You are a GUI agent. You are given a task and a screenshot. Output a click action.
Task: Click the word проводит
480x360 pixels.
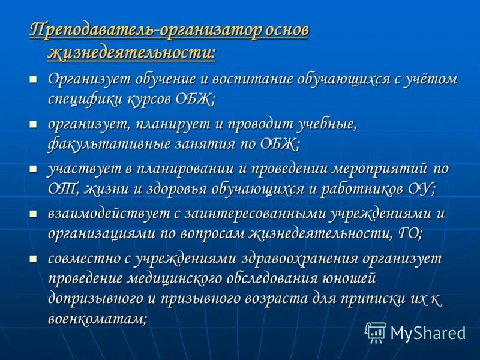click(260, 125)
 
